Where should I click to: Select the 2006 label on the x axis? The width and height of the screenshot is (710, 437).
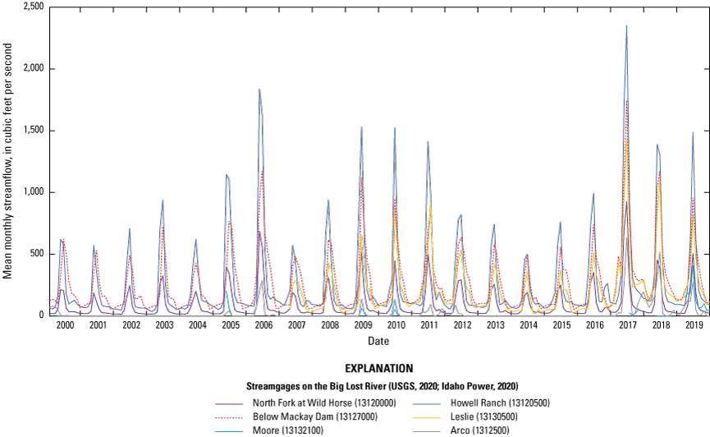(263, 326)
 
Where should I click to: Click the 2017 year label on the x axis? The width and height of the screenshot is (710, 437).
(628, 326)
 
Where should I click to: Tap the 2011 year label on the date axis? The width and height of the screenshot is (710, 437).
(429, 326)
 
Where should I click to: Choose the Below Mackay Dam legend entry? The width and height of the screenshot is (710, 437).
(306, 417)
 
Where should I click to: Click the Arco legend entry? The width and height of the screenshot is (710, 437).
(479, 430)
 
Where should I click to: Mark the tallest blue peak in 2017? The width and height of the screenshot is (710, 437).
(626, 25)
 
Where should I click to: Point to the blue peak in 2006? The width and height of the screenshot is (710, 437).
(259, 90)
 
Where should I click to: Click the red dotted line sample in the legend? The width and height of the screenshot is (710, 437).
(229, 417)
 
